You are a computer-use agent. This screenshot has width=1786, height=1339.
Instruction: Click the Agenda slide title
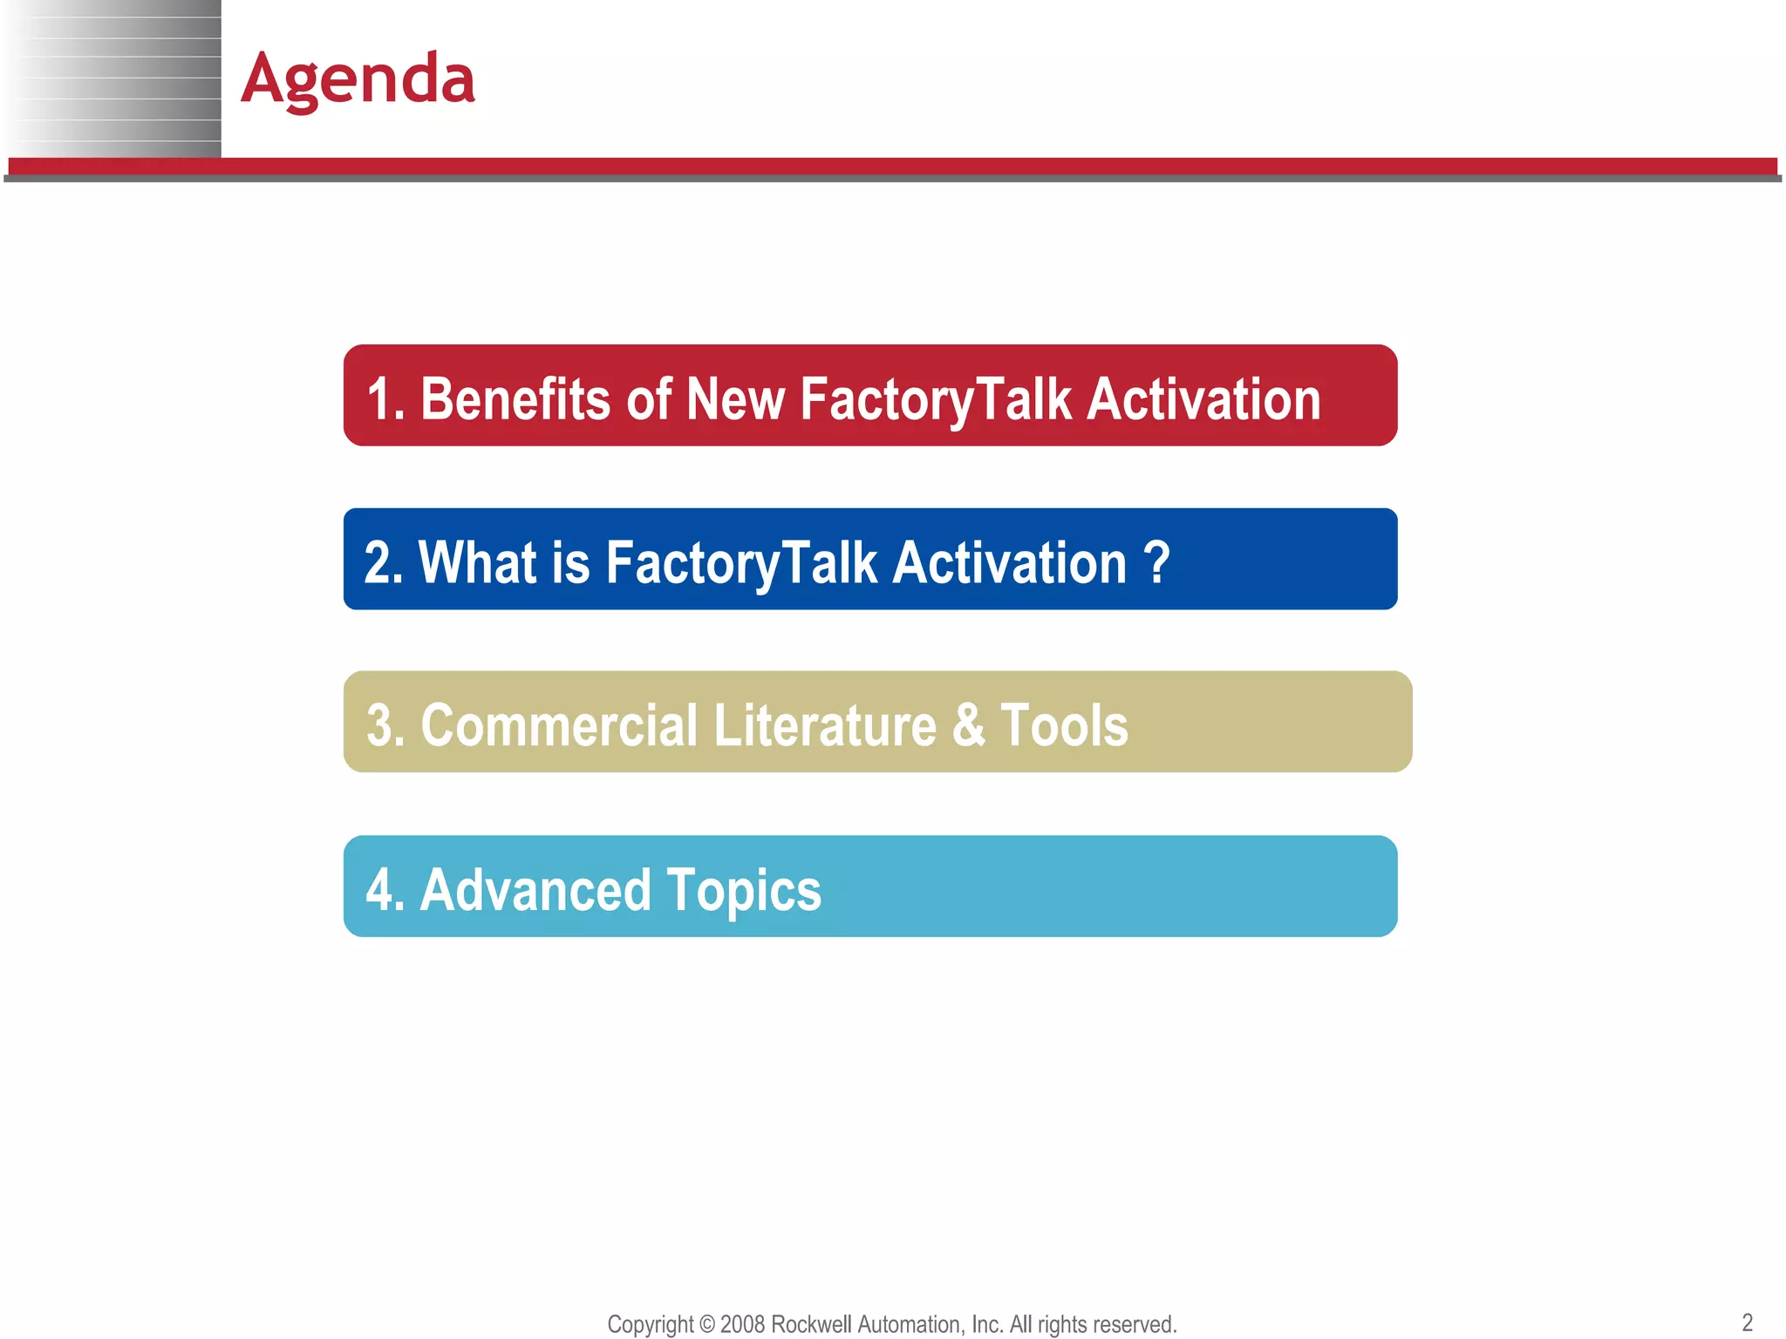point(358,79)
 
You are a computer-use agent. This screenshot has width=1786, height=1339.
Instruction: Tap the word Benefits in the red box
point(515,399)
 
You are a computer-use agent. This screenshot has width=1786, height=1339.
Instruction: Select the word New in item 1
point(734,399)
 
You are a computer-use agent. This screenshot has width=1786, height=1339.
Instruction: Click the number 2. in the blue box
point(383,562)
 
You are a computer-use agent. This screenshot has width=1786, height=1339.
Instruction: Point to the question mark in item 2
point(1156,562)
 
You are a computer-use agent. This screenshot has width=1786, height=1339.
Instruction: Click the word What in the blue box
point(477,562)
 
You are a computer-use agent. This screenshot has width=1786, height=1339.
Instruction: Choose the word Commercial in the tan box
point(559,725)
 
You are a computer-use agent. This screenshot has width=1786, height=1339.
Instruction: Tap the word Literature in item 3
point(824,725)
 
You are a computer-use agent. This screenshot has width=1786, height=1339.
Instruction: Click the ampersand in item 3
point(968,725)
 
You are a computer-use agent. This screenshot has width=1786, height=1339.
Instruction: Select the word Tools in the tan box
point(1064,725)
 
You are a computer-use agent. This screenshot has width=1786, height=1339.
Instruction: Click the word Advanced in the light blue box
point(535,890)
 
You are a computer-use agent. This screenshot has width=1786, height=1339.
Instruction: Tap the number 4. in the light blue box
point(385,890)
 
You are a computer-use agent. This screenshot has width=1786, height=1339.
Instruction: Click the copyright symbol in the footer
point(706,1324)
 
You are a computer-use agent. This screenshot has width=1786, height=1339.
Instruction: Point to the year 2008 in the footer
point(743,1324)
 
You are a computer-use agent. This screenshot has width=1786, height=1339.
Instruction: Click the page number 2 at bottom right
point(1747,1322)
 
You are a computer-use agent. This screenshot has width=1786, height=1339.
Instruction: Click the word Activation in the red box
point(1204,399)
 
